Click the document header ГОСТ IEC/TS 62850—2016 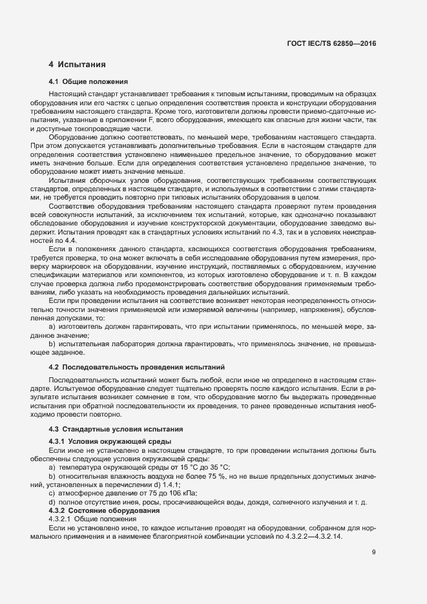(x=331, y=44)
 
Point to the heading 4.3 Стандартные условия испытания (x=110, y=429)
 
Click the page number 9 (x=374, y=552)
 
